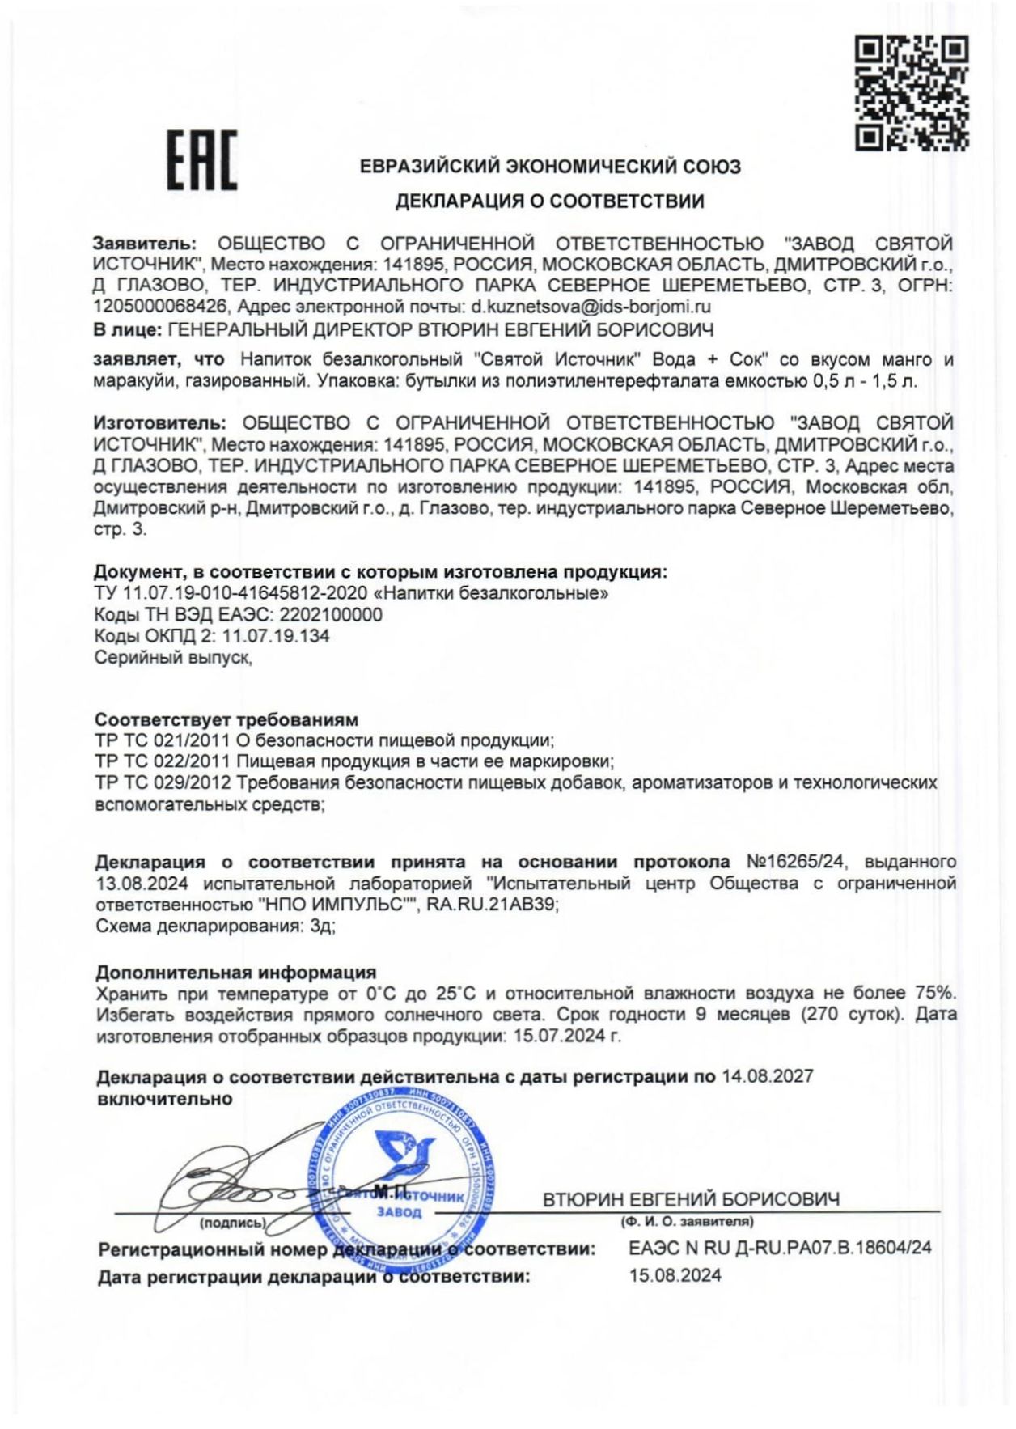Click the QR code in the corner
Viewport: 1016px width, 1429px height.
click(x=912, y=92)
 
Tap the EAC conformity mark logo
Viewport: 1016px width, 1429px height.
click(x=202, y=160)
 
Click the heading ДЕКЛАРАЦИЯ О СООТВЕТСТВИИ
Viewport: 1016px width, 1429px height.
click(x=550, y=201)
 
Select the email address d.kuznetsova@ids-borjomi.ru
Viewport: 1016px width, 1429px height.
click(x=591, y=307)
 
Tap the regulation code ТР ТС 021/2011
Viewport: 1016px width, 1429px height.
click(x=163, y=740)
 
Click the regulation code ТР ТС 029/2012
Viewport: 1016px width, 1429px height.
click(x=163, y=782)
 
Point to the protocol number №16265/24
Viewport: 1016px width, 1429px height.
click(x=796, y=862)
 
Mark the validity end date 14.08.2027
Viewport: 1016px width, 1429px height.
click(x=768, y=1076)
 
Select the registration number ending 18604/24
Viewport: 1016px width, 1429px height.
click(x=781, y=1248)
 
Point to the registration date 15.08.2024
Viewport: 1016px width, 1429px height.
click(x=675, y=1276)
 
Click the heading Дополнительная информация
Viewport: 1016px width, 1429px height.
click(x=236, y=972)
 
